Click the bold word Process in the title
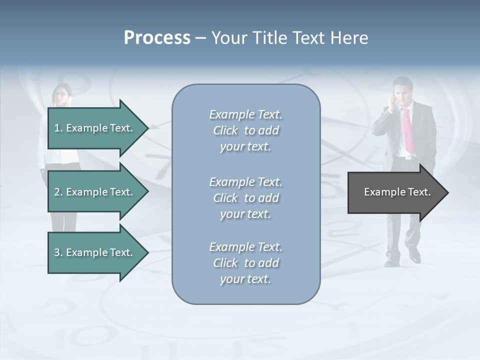157,38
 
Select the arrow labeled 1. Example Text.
95,128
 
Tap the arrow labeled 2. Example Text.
95,192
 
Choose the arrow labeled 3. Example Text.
95,252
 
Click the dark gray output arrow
395,192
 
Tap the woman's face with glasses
62,94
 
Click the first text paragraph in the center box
245,130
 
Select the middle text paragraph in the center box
245,198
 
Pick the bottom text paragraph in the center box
245,263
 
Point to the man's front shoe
414,257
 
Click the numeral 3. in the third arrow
58,252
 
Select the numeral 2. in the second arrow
58,192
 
